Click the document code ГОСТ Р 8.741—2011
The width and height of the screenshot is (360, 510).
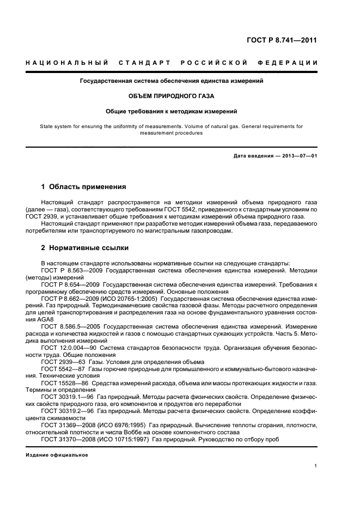coord(283,40)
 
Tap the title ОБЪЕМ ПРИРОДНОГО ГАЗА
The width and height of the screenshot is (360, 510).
coord(171,96)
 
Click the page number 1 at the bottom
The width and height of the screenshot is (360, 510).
coord(316,465)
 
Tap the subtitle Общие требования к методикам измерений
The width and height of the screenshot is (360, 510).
coord(171,111)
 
